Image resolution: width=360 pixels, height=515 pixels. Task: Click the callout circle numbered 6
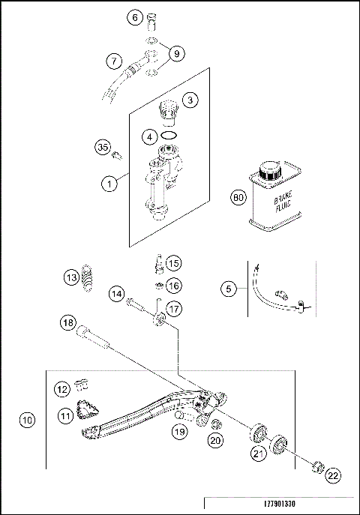[136, 17]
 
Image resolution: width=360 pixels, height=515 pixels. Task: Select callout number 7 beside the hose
[114, 60]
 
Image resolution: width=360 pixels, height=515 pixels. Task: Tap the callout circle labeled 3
[190, 99]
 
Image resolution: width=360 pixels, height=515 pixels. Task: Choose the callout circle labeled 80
[238, 198]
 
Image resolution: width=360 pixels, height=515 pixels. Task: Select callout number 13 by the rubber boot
[70, 278]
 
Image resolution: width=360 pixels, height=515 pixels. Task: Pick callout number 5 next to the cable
[229, 287]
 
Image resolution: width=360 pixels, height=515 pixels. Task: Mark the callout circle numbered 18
[68, 323]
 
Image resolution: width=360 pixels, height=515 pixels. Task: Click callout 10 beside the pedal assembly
[27, 421]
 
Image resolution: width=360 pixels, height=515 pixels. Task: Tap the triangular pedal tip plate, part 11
[89, 409]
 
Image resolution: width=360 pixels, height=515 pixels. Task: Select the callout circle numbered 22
[333, 475]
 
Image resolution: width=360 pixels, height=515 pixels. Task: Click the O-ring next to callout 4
[170, 136]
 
